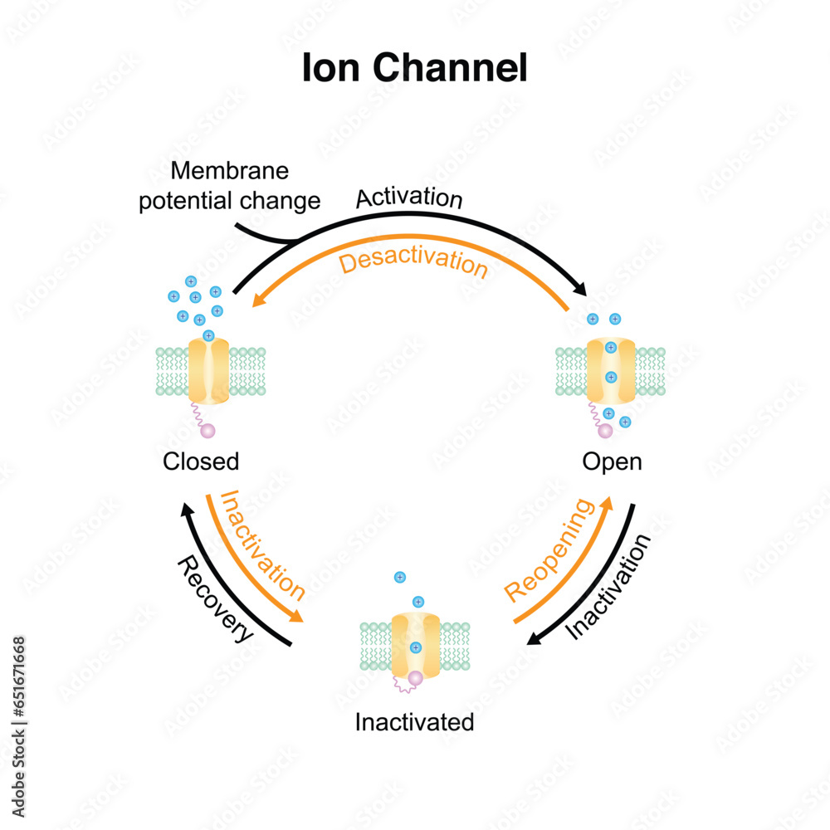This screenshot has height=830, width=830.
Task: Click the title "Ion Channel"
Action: (x=414, y=69)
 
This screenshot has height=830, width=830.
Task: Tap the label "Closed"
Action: (x=201, y=461)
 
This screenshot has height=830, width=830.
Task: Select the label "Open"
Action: (x=612, y=461)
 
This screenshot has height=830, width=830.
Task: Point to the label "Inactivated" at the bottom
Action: (x=414, y=722)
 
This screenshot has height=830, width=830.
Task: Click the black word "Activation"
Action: (x=408, y=199)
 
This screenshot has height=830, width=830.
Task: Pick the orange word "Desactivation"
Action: (x=413, y=263)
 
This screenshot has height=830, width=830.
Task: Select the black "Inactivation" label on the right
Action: (x=608, y=587)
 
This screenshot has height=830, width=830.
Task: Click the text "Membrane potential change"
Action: (x=229, y=186)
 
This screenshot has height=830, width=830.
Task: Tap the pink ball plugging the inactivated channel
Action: (x=415, y=679)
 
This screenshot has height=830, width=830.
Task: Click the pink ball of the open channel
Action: (x=606, y=431)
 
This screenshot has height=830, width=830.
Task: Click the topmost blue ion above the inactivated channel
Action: (x=399, y=577)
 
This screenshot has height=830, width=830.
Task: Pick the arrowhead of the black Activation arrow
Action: (x=582, y=290)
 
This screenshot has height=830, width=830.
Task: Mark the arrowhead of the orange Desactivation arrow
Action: (x=258, y=305)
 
